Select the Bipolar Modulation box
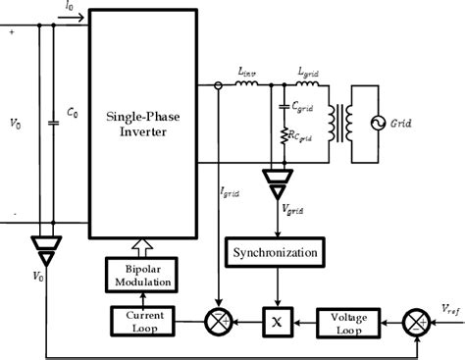(x=141, y=275)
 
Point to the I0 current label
(x=68, y=7)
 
